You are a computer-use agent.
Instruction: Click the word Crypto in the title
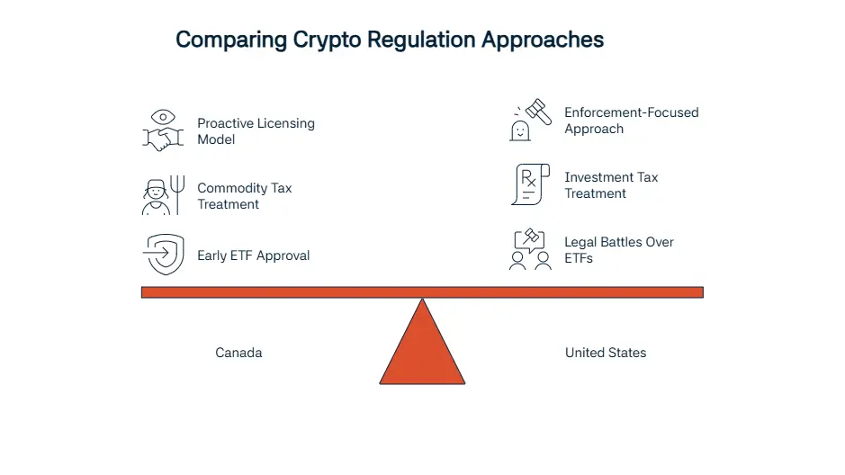[327, 40]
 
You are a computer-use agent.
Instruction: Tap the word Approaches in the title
[543, 40]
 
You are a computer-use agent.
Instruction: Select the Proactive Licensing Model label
[256, 131]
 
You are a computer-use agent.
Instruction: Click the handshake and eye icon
[163, 130]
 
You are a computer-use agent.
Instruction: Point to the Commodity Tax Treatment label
[245, 196]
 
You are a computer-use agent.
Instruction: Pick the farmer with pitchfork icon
[163, 195]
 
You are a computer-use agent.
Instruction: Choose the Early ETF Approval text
[253, 255]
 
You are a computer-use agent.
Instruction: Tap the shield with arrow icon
[163, 255]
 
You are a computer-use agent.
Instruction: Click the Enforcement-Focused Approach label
[632, 121]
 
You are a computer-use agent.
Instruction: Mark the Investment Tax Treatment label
[611, 185]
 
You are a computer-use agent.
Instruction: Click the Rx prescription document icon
[530, 184]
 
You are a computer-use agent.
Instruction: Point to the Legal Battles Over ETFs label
[619, 250]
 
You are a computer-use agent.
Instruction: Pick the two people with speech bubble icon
[530, 249]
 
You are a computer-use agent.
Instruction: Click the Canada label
[238, 353]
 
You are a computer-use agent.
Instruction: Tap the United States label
[606, 353]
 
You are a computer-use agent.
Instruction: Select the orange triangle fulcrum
[423, 350]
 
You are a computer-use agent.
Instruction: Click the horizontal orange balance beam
[423, 292]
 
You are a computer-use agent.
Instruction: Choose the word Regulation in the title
[421, 40]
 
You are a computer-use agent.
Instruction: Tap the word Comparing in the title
[231, 40]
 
